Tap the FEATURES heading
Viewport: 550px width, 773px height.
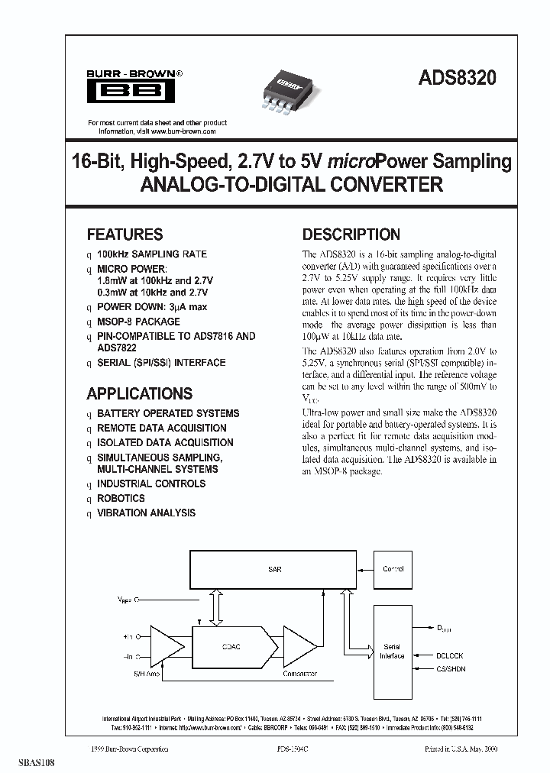tap(125, 234)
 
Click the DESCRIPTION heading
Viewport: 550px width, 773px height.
tap(351, 234)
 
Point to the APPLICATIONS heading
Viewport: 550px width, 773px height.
tap(139, 394)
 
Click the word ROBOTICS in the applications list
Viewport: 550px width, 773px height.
tap(121, 499)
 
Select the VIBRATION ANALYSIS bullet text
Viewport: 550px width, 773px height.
tap(146, 513)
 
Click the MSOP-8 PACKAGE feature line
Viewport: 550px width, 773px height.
tap(138, 322)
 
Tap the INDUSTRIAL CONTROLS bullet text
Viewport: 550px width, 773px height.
tap(151, 484)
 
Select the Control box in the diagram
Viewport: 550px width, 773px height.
tap(393, 569)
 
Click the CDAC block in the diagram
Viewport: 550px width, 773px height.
tap(231, 646)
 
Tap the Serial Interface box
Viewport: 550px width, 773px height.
tap(392, 651)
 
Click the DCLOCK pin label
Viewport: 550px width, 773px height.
tap(448, 656)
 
